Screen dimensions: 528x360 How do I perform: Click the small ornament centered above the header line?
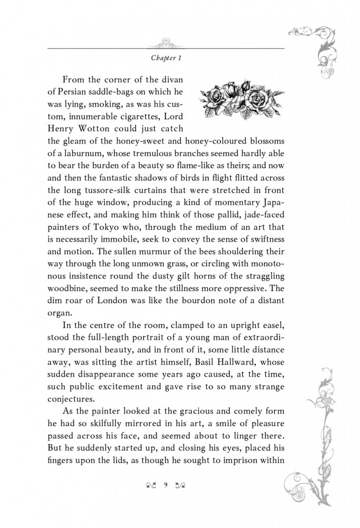coord(166,43)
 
